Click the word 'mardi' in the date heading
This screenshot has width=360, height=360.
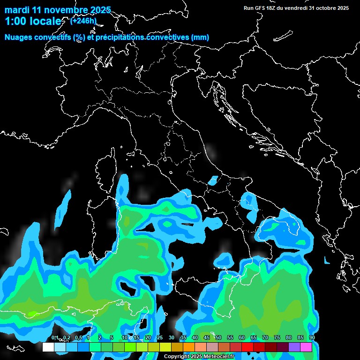16,10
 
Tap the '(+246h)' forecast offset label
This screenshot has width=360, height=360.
83,21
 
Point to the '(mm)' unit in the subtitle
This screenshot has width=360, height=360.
200,37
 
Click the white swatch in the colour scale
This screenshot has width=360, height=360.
48,347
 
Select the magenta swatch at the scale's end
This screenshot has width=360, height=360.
306,347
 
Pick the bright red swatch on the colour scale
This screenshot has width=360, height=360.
247,347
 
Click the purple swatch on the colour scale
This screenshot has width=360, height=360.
294,347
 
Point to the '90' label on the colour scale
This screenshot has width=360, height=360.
312,338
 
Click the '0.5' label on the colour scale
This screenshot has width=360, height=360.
78,338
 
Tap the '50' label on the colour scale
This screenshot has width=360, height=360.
218,338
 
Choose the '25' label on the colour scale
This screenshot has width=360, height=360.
160,338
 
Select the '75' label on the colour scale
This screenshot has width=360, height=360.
277,338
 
